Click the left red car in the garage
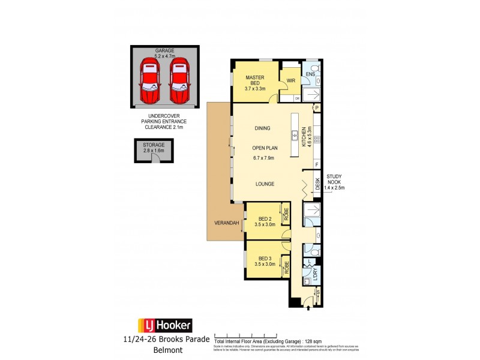(x=148, y=82)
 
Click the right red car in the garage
(x=179, y=82)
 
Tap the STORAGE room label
(x=154, y=145)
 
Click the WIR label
(x=291, y=80)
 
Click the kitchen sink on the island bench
(x=295, y=136)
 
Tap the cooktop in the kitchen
(x=317, y=139)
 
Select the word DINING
(x=262, y=128)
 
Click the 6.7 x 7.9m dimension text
(x=263, y=158)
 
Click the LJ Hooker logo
(x=165, y=326)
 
